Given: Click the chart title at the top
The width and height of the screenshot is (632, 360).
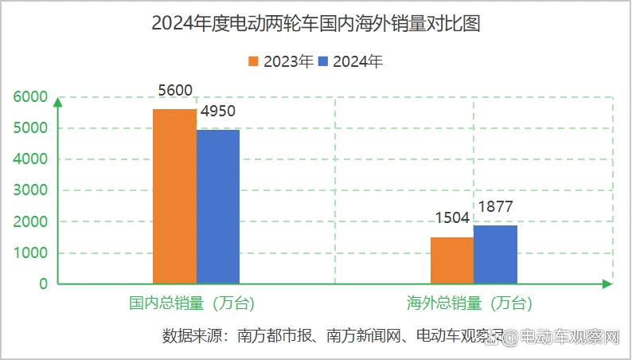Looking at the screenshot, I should [x=316, y=25].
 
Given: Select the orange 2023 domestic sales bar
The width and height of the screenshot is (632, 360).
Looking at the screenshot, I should [x=174, y=196].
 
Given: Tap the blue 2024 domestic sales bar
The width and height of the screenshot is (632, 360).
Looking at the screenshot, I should [x=218, y=206].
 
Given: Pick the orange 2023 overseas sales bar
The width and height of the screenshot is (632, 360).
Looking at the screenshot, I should [x=452, y=260].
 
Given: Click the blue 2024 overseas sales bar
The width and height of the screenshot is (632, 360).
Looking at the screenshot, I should [x=495, y=254].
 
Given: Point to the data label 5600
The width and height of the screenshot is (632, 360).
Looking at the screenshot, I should [x=175, y=91].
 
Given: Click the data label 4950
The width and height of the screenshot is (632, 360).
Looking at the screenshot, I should [x=217, y=112].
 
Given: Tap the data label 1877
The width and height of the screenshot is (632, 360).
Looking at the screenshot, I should [x=495, y=207].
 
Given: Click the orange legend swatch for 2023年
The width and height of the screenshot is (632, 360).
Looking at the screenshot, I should [x=255, y=61].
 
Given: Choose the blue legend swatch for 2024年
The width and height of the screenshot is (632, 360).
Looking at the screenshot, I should [x=324, y=61].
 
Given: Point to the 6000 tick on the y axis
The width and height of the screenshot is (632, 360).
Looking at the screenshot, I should [x=31, y=97].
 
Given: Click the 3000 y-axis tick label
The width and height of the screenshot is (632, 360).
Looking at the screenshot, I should [x=31, y=190].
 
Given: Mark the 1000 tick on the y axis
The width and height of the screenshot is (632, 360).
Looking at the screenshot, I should [x=31, y=253].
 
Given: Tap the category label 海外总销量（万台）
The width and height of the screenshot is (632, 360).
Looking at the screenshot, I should [x=470, y=303].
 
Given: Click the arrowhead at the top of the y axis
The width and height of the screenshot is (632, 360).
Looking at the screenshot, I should [x=57, y=100].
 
